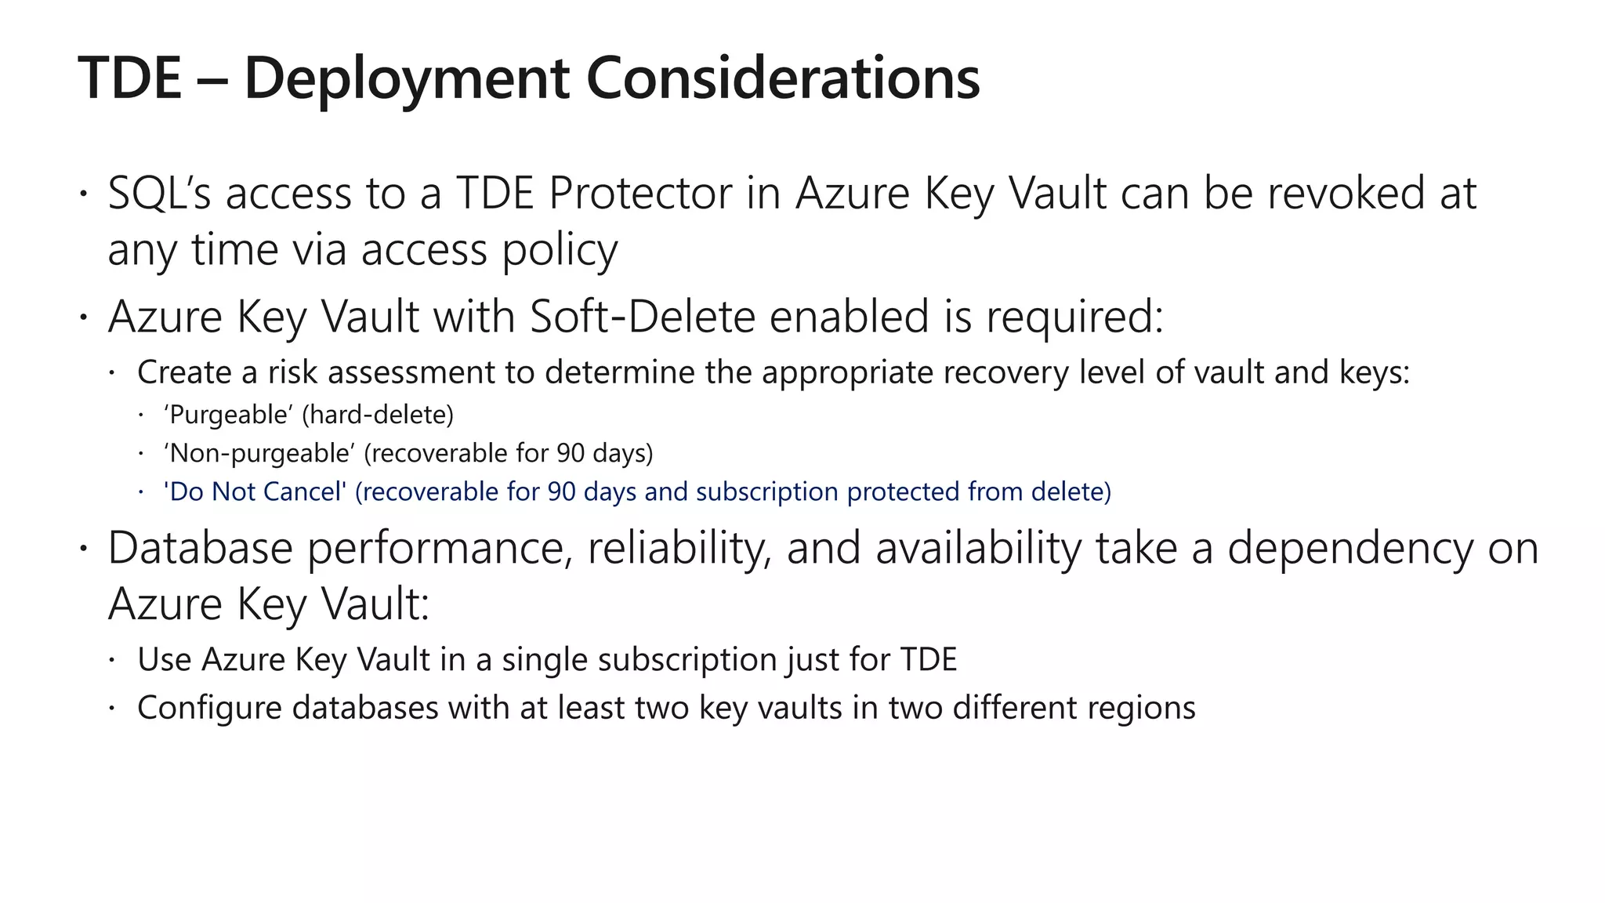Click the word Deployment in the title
click(406, 78)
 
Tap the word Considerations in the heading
click(783, 78)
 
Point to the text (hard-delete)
click(378, 415)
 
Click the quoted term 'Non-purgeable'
click(259, 453)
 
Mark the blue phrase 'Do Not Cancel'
click(255, 491)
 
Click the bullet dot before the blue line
click(141, 491)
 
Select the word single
click(545, 659)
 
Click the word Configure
click(209, 708)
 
